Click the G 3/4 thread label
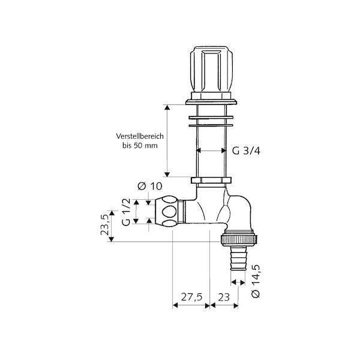tap(246, 151)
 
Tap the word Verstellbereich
tap(140, 136)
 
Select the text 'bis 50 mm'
tap(140, 146)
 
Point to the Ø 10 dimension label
tap(150, 186)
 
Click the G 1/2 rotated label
tap(126, 212)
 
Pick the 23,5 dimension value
tap(104, 224)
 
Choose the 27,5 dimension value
tap(191, 297)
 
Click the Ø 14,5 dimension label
tap(256, 281)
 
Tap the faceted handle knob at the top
tap(211, 70)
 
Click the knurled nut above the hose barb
tap(239, 240)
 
